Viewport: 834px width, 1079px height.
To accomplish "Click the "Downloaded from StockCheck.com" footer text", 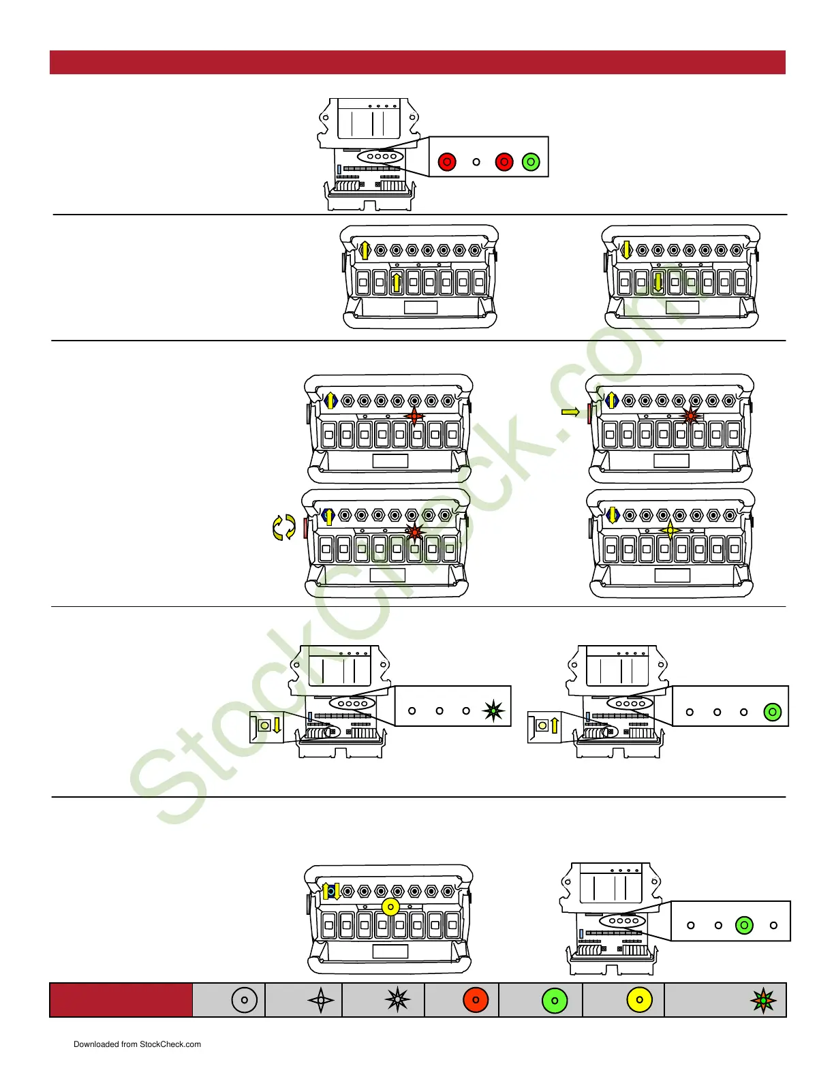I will click(137, 1044).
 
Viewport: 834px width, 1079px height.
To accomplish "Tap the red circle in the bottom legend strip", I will click(476, 1000).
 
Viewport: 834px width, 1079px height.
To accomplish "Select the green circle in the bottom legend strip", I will click(555, 1001).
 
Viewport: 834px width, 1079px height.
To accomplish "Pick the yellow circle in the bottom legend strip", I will click(639, 1000).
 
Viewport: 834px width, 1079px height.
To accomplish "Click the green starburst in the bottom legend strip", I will click(763, 1001).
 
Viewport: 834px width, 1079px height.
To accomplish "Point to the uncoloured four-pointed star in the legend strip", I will click(321, 1001).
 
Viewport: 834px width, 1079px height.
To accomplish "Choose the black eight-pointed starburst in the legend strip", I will click(397, 1000).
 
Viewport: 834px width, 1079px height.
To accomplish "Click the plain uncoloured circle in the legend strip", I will click(244, 1000).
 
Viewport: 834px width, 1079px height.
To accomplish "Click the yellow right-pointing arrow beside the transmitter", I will click(570, 411).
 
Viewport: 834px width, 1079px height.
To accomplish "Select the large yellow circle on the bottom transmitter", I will click(390, 907).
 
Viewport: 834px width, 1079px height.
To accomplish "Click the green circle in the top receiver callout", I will click(531, 162).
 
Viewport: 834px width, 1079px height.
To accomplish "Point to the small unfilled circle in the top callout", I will click(476, 162).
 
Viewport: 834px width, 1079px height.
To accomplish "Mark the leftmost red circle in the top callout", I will click(447, 162).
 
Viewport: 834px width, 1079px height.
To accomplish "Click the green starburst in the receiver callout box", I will click(493, 711).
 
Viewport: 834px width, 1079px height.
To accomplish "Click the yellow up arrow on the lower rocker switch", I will click(397, 281).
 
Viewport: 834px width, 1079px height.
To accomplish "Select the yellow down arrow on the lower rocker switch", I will click(658, 281).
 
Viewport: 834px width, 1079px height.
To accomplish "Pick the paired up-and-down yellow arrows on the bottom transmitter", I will click(332, 891).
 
